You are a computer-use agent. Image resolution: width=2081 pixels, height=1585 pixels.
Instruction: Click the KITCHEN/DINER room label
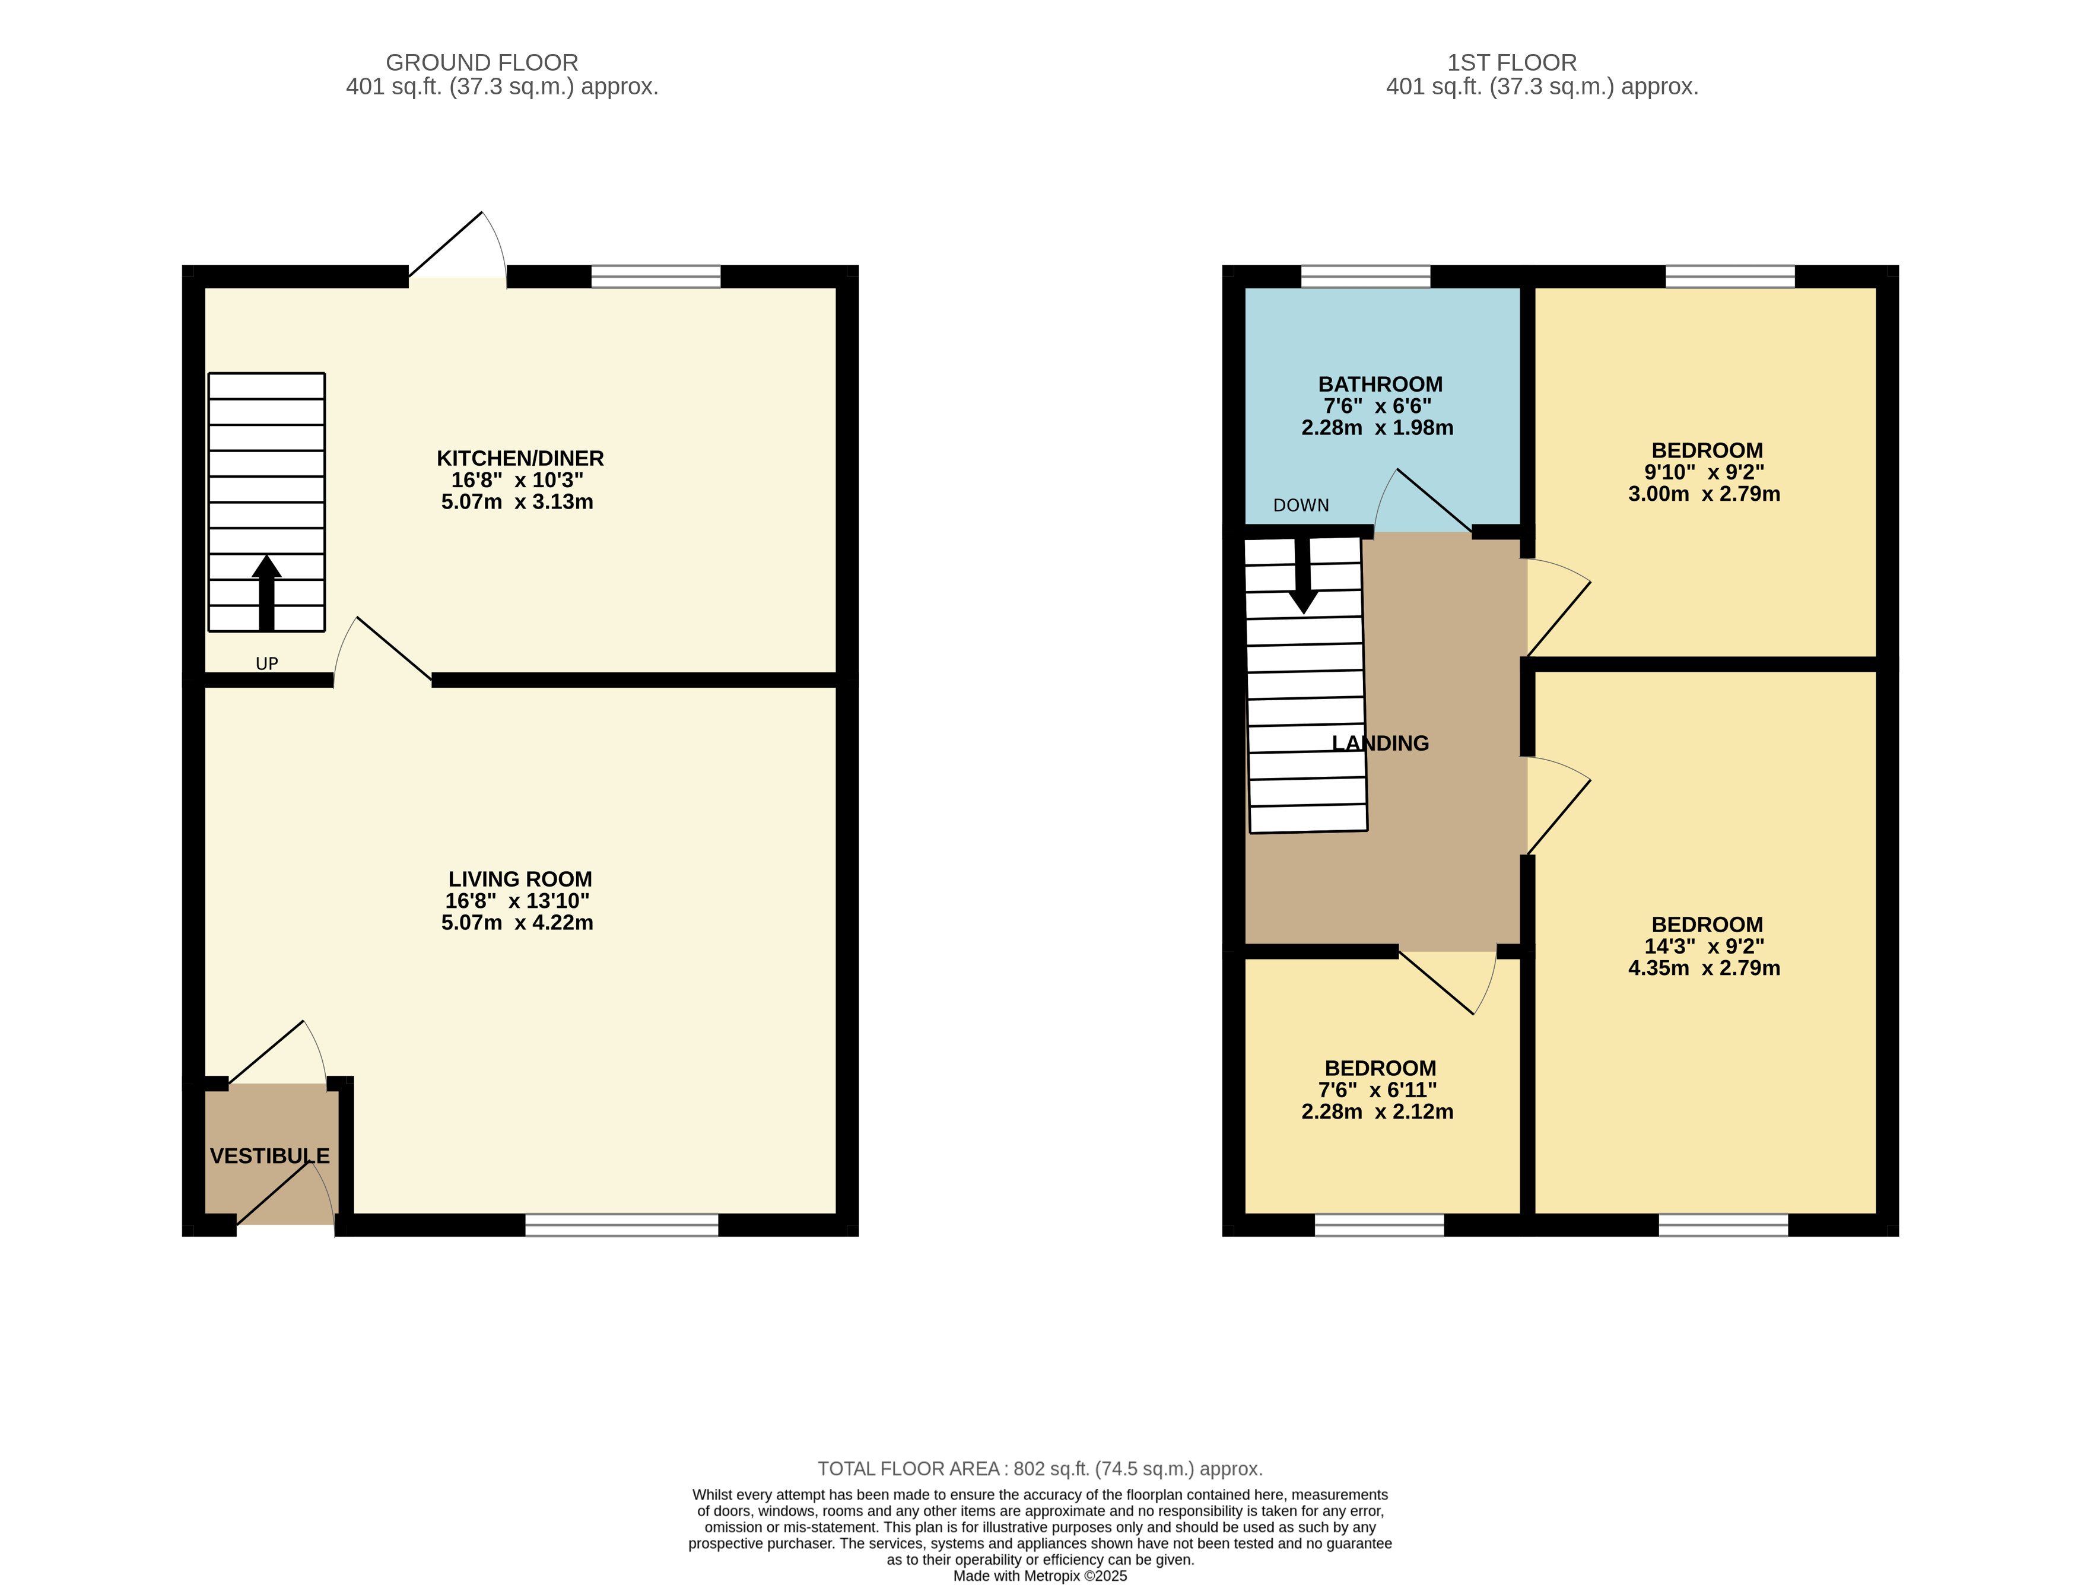[x=520, y=459]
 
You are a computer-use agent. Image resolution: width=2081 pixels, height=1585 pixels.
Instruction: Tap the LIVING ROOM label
[x=520, y=879]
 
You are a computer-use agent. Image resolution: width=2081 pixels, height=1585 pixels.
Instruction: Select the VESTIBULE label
[x=270, y=1156]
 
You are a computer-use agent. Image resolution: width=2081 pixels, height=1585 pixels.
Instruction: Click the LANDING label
[x=1380, y=744]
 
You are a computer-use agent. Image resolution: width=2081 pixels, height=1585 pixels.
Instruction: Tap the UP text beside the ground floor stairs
[x=267, y=663]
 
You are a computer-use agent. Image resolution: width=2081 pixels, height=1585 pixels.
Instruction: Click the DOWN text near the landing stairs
[x=1301, y=505]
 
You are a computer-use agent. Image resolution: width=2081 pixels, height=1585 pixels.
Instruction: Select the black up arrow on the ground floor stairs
[x=267, y=592]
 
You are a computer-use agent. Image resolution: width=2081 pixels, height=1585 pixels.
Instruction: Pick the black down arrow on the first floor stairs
[x=1302, y=576]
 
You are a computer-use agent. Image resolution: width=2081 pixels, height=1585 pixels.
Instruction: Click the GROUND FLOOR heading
[x=482, y=62]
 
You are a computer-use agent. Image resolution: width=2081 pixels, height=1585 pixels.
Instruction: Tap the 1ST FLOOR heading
[x=1512, y=62]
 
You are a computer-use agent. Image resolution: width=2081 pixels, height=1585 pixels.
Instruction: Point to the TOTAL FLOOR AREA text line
[x=1040, y=1469]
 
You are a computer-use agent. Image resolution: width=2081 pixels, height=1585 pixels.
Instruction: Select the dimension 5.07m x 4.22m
[x=517, y=923]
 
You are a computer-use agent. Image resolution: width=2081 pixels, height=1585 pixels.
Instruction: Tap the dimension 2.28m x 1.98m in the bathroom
[x=1377, y=427]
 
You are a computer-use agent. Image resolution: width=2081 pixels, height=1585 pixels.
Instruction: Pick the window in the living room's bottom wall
[x=622, y=1225]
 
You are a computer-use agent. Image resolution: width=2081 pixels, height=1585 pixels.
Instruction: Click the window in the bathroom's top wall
[x=1366, y=277]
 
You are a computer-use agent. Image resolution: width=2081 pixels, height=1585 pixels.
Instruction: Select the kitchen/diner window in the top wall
[x=656, y=277]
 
